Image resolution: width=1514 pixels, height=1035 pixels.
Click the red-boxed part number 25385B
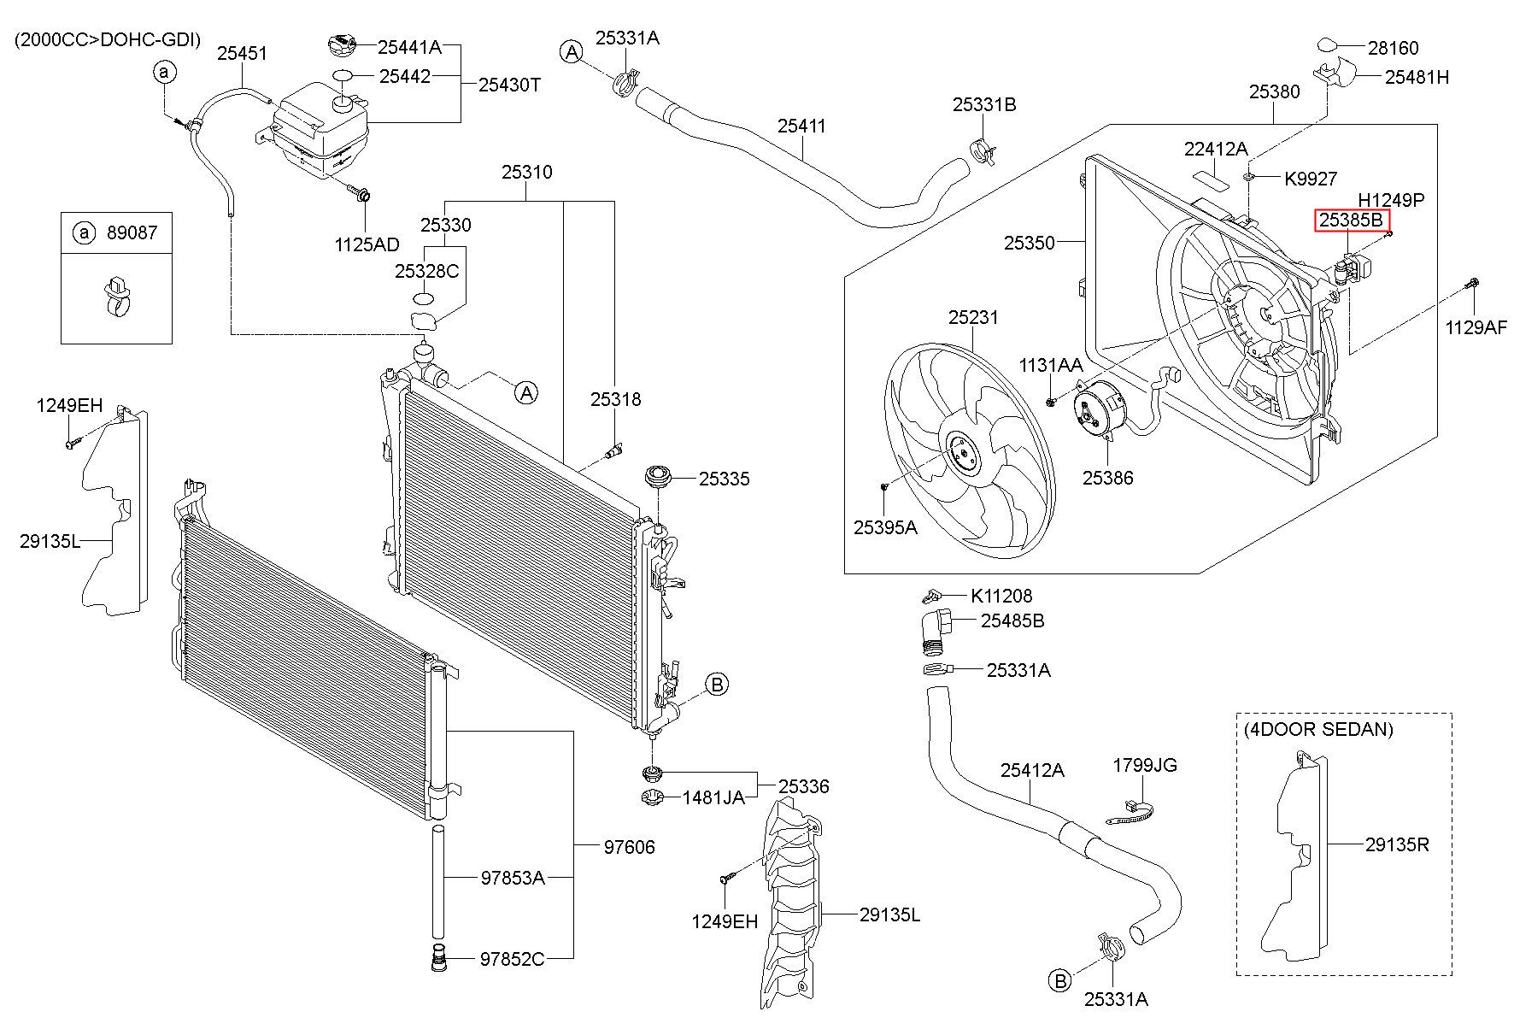coord(1350,221)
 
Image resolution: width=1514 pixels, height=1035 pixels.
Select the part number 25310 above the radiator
coord(526,172)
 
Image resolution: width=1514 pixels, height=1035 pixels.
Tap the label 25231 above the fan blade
coord(972,317)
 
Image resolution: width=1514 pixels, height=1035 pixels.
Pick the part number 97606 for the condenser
coord(629,847)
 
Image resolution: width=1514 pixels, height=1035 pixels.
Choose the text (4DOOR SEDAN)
coord(1317,729)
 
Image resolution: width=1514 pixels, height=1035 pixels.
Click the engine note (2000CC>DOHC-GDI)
coord(108,40)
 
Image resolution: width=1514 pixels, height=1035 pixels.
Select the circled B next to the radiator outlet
coord(717,684)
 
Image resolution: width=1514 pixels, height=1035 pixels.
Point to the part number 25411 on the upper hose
coord(801,126)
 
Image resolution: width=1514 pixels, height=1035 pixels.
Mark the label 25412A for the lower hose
coord(1032,770)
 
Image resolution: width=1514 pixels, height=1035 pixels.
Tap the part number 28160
coord(1393,48)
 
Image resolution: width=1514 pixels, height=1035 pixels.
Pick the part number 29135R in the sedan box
coord(1397,844)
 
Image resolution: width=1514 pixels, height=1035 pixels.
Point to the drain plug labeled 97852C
coord(438,958)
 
